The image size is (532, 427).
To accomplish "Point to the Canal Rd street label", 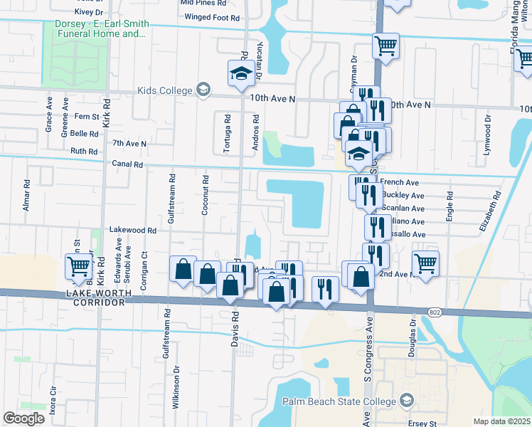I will coord(128,164).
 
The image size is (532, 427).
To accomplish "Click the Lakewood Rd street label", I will coord(132,231).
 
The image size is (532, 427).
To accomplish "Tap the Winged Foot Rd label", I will coord(209,17).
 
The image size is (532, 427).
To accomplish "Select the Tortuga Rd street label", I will coord(228,127).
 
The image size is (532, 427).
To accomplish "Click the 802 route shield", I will coord(435,312).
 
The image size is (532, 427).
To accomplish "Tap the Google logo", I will coord(23,418).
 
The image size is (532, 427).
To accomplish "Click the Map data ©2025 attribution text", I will coord(501,421).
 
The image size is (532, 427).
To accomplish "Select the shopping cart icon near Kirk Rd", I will coord(78,266).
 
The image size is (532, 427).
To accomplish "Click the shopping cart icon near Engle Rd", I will coord(425,263).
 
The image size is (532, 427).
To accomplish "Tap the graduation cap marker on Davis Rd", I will coord(241,73).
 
